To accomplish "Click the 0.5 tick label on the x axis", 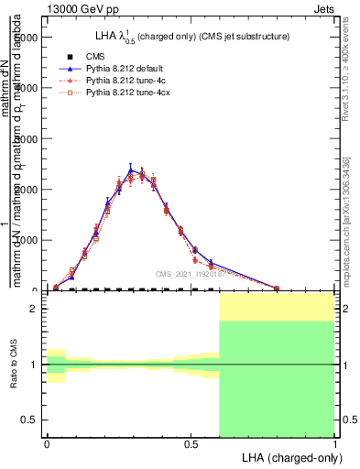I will click(x=191, y=443).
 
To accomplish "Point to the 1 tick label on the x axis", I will click(x=334, y=443).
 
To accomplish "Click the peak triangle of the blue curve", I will click(x=131, y=169).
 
